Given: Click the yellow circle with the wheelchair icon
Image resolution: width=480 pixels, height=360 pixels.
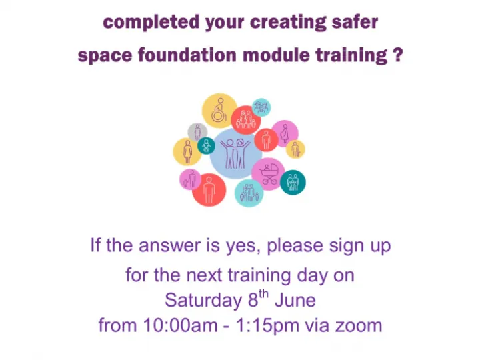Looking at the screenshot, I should point(219,111).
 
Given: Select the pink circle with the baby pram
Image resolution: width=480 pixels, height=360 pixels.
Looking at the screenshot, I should point(269,173).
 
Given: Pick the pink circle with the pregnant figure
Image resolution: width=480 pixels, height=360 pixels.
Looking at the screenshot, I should point(285,133).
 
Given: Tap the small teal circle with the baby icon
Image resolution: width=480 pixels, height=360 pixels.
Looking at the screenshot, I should point(207,146).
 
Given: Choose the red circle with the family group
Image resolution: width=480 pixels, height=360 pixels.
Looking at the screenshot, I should point(246,120).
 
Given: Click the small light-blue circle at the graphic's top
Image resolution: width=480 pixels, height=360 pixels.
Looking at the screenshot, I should point(261,107).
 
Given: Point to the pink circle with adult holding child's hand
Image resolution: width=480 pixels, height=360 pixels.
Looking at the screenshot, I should point(191,179).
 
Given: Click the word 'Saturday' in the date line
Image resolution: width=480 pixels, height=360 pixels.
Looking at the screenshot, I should point(200,300).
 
